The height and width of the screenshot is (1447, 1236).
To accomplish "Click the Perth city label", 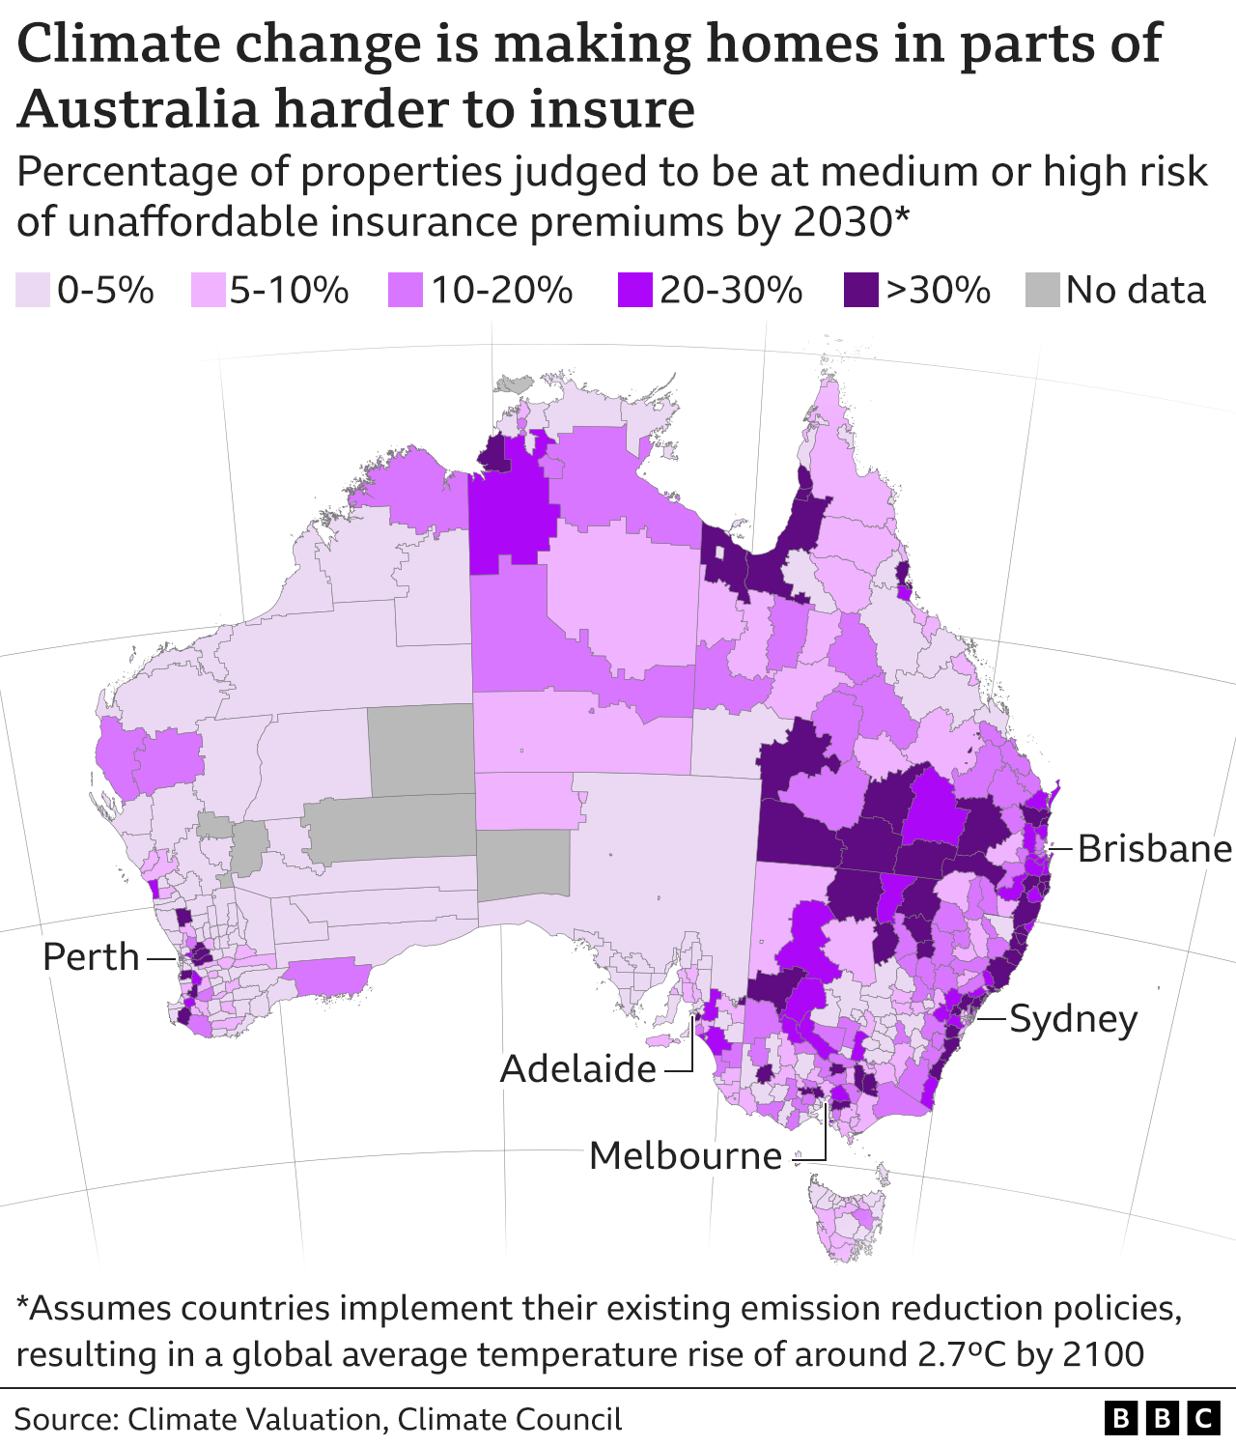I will tap(91, 957).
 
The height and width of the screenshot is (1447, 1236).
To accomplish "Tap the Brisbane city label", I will tap(1154, 849).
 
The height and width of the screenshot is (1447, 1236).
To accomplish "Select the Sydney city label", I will tap(1073, 1019).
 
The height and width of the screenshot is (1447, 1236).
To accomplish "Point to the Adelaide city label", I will tap(578, 1069).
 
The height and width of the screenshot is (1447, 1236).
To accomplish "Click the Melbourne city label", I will tap(685, 1155).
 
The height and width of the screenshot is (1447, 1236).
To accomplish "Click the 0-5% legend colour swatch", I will tap(33, 290).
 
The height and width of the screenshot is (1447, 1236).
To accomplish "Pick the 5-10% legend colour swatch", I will tap(210, 290).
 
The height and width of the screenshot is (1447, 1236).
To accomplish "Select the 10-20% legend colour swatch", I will tap(406, 290).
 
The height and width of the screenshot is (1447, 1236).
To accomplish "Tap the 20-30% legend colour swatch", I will tap(634, 290).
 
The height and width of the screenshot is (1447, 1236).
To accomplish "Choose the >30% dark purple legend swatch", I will tap(860, 290).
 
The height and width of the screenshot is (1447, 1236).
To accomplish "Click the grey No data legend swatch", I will tap(1043, 290).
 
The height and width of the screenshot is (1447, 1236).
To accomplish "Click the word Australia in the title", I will tap(138, 108).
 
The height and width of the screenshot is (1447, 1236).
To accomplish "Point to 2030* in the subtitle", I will tap(851, 221).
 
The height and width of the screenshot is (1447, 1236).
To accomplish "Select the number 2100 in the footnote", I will tap(1103, 1353).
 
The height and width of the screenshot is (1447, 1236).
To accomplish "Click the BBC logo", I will tap(1162, 1418).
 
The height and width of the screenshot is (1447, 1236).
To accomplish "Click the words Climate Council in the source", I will tap(509, 1419).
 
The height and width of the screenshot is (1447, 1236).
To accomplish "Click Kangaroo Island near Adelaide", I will tap(663, 1041).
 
